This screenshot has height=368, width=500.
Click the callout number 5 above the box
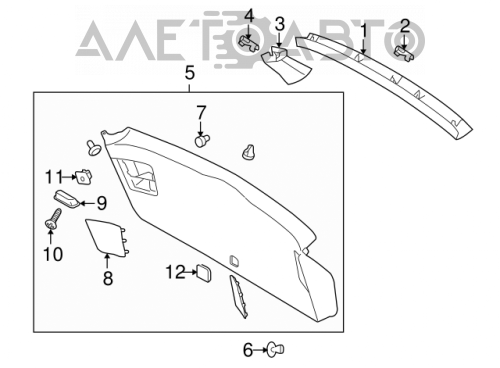[189, 73]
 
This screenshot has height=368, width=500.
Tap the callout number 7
[201, 113]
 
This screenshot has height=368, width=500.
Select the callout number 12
[175, 272]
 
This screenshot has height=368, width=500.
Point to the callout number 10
[53, 254]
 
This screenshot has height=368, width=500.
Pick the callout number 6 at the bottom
[248, 350]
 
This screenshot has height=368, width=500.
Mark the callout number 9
[101, 203]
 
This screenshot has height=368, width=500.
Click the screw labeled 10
[53, 219]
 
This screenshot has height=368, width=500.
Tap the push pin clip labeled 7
[202, 140]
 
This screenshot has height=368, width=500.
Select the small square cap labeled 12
[204, 273]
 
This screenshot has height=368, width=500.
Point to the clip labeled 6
[276, 350]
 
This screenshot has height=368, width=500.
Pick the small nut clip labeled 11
[83, 176]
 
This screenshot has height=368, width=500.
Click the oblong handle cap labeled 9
[66, 198]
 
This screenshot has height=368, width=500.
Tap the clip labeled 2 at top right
[404, 53]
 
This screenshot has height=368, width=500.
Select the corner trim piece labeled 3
[285, 65]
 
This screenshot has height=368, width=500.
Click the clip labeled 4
[249, 43]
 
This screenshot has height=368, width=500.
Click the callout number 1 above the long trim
[363, 31]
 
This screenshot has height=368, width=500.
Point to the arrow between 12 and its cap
[191, 272]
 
